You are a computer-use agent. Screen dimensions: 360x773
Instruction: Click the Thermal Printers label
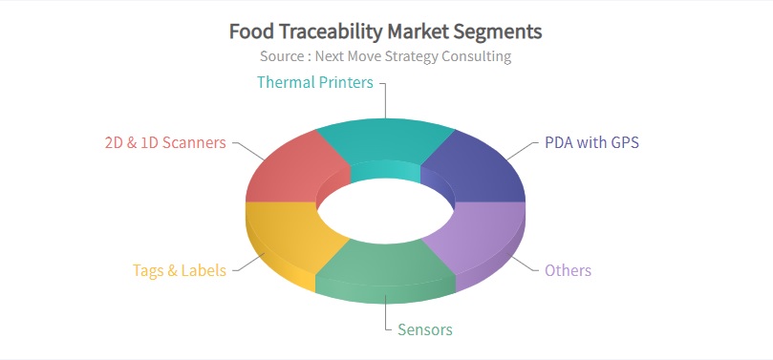pos(314,82)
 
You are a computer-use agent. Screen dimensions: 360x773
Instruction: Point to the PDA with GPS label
pos(591,143)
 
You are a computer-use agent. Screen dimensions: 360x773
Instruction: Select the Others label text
pos(568,270)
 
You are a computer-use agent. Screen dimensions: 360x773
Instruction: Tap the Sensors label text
pos(424,329)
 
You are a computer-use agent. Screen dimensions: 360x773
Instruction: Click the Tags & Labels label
pos(180,270)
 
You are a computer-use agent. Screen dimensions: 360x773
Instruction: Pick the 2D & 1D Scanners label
pos(165,143)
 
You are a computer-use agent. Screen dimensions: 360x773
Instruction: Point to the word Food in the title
pos(250,32)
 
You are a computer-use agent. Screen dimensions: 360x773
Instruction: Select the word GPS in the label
pos(623,143)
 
